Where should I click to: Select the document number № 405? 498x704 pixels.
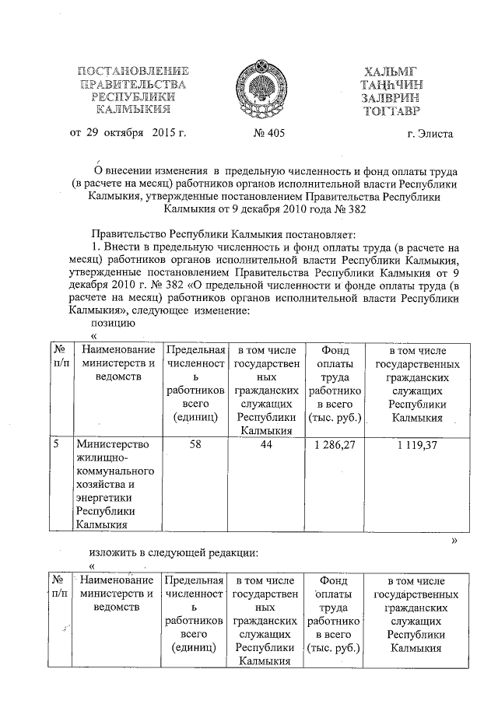tap(269, 135)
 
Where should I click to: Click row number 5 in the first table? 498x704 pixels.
tap(56, 445)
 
